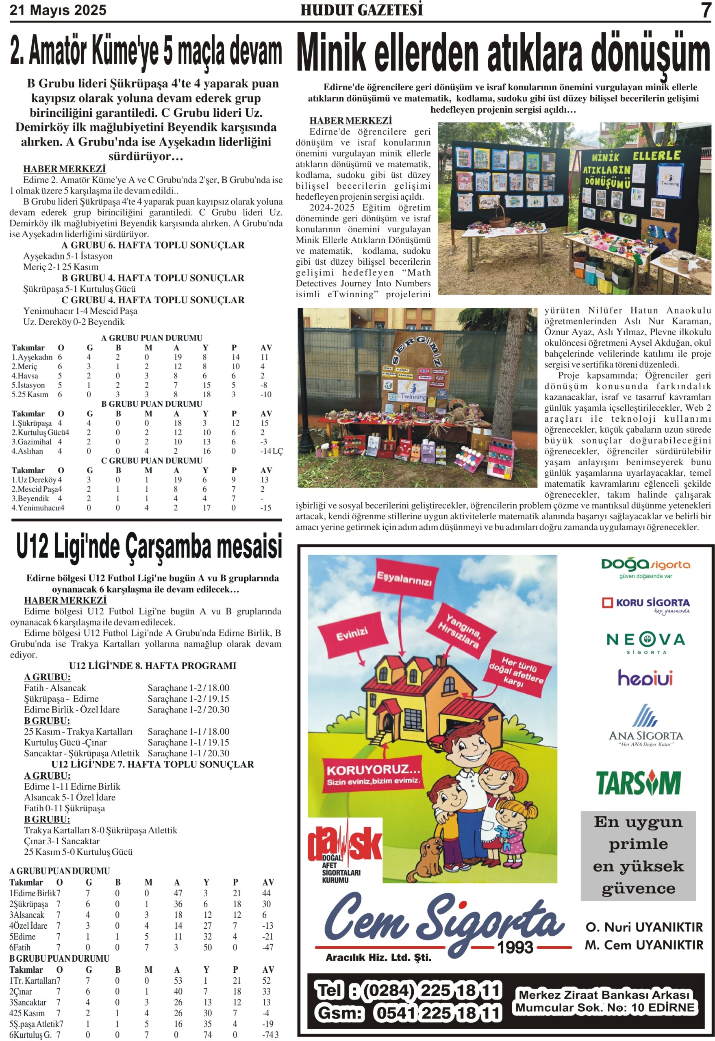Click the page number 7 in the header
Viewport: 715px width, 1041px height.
(x=706, y=10)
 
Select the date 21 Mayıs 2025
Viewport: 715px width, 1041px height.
(x=58, y=10)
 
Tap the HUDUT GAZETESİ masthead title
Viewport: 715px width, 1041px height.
(x=361, y=10)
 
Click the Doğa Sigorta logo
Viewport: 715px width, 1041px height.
(x=645, y=567)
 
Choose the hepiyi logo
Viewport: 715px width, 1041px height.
(x=645, y=677)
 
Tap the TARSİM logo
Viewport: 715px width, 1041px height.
(x=639, y=783)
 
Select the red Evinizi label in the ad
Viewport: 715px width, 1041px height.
(x=352, y=634)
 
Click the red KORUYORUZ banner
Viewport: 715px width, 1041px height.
(x=373, y=774)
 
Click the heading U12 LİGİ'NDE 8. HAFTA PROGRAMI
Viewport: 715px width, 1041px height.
(x=152, y=666)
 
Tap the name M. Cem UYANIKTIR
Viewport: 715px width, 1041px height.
(x=644, y=945)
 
